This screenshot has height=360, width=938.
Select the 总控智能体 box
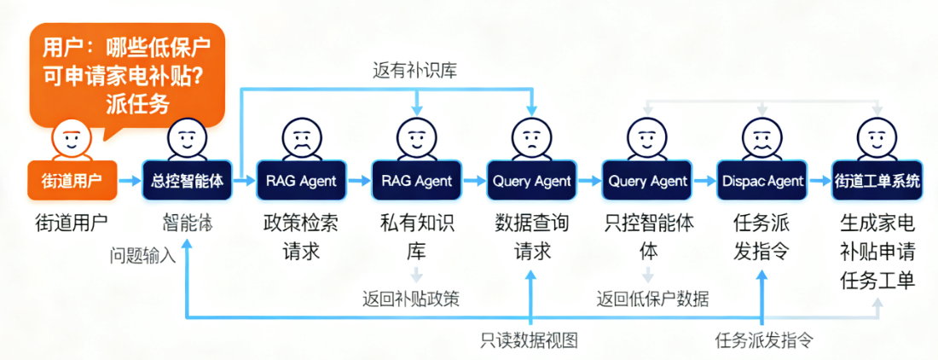click(x=187, y=180)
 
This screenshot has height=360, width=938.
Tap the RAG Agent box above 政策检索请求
click(x=301, y=180)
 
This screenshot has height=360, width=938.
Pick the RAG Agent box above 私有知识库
click(x=417, y=180)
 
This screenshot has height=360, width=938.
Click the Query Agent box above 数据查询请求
click(x=532, y=180)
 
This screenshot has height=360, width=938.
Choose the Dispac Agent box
click(x=761, y=180)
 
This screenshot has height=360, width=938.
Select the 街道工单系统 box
click(x=877, y=180)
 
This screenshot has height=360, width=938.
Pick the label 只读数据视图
click(x=529, y=340)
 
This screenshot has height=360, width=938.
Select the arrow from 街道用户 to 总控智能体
click(x=129, y=180)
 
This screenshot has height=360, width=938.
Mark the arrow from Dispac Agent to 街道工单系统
click(x=819, y=180)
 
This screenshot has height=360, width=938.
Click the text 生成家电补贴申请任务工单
click(x=877, y=252)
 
